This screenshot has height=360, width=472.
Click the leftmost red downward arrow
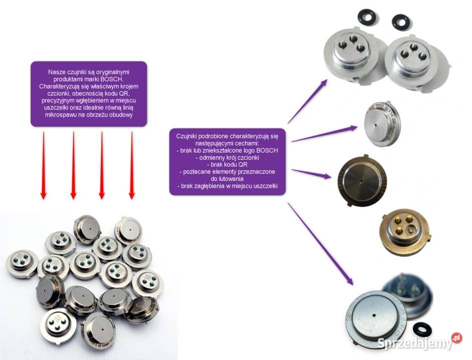click(x=44, y=165)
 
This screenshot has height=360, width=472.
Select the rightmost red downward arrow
click(x=132, y=165)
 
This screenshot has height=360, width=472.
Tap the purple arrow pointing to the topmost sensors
click(x=307, y=101)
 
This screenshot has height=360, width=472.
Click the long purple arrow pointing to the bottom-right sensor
click(x=320, y=244)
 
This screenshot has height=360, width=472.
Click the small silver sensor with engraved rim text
click(x=382, y=124)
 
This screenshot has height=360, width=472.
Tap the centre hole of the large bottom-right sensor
click(x=374, y=315)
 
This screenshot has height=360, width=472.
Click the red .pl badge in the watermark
click(x=456, y=337)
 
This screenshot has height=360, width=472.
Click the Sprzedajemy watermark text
click(x=415, y=343)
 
